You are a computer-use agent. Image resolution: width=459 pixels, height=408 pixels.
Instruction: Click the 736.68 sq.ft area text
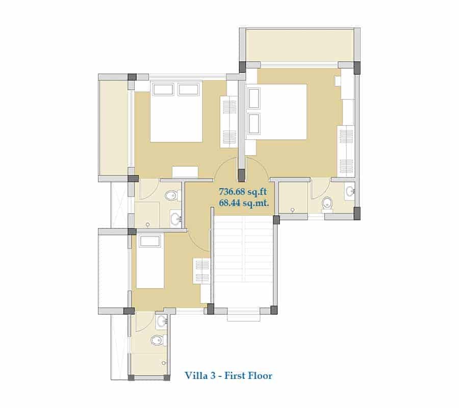click(243, 192)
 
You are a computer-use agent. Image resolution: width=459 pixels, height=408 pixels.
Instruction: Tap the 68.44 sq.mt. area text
click(244, 202)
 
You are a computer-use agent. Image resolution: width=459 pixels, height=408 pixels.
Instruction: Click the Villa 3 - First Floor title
click(228, 375)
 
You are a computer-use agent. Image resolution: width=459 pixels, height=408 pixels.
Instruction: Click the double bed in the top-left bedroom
click(176, 112)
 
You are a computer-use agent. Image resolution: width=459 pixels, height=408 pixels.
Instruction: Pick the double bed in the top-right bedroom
click(276, 112)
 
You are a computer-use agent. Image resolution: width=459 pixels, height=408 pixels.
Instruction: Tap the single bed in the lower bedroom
click(150, 261)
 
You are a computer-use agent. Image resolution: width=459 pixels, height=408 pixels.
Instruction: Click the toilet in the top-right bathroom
click(327, 204)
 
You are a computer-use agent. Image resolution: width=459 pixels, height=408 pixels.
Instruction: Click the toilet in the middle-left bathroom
click(172, 195)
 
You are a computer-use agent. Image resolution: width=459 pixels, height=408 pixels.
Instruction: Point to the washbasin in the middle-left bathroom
click(176, 218)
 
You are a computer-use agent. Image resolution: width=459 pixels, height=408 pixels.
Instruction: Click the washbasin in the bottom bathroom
click(161, 321)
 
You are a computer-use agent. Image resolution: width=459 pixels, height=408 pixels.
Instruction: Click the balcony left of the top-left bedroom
click(114, 127)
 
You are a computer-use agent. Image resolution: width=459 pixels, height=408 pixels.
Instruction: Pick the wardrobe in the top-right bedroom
click(346, 151)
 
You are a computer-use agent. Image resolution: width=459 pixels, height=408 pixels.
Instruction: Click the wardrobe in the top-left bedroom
click(229, 122)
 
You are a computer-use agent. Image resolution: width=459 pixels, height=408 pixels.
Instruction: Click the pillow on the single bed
click(150, 241)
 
